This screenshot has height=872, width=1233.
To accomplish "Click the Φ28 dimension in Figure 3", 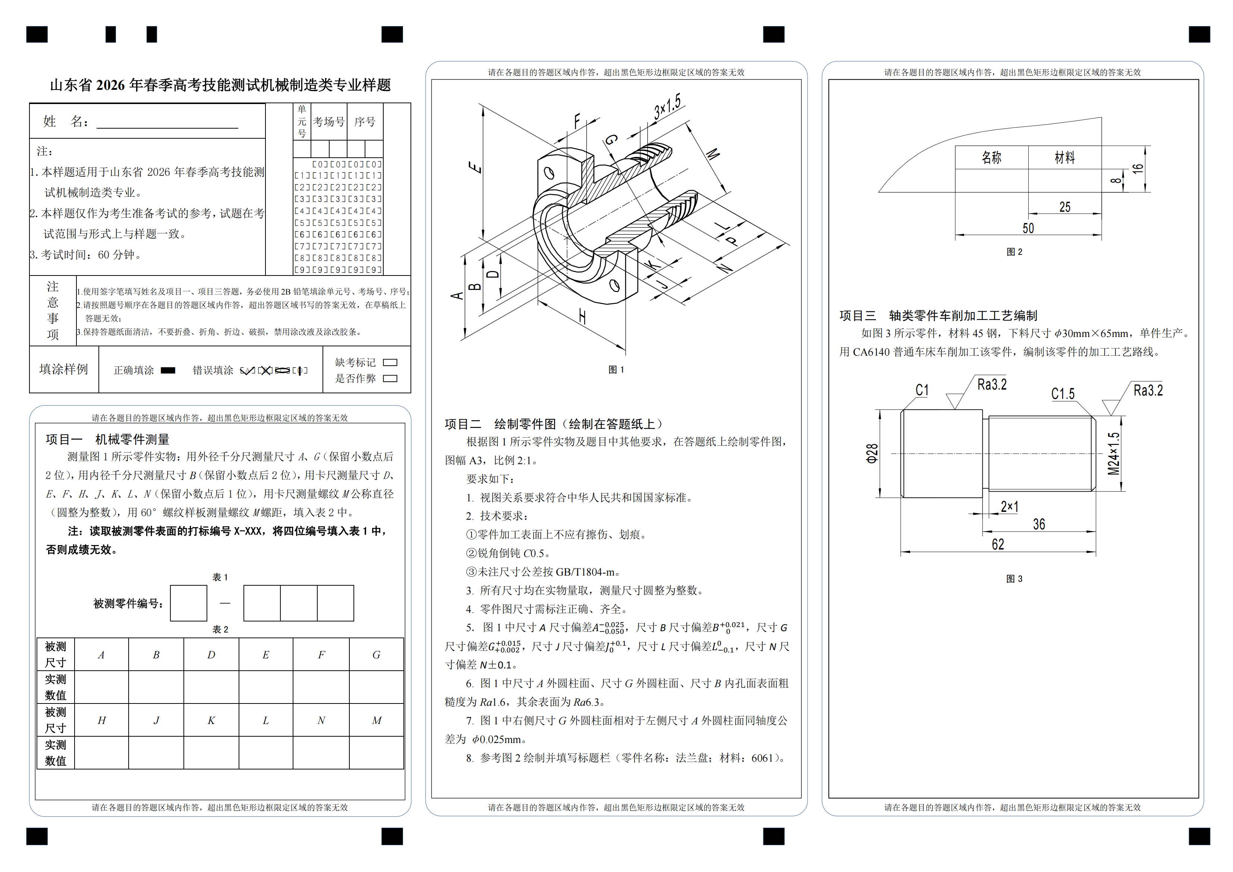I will pyautogui.click(x=872, y=454).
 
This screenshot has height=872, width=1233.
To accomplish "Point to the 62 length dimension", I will pyautogui.click(x=998, y=544).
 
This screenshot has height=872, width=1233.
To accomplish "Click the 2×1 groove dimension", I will pyautogui.click(x=1010, y=506).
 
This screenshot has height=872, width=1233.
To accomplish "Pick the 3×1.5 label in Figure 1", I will pyautogui.click(x=667, y=106).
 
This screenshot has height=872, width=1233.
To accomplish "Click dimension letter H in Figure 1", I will pyautogui.click(x=582, y=317).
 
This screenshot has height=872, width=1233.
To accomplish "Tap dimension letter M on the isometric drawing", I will pyautogui.click(x=712, y=154).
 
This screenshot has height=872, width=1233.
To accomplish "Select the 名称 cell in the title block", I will pyautogui.click(x=991, y=157).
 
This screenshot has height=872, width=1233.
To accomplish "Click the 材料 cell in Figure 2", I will pyautogui.click(x=1064, y=157).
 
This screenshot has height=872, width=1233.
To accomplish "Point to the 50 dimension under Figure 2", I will pyautogui.click(x=1028, y=228).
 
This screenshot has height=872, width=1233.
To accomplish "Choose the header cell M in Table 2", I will pyautogui.click(x=377, y=720).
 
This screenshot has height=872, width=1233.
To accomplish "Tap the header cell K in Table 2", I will pyautogui.click(x=211, y=720).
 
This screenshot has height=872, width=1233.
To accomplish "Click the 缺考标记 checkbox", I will pyautogui.click(x=390, y=362).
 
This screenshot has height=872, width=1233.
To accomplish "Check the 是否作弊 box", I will pyautogui.click(x=390, y=378).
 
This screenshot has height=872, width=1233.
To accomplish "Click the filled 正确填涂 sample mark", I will pyautogui.click(x=168, y=370).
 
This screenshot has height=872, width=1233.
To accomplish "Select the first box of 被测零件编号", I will pyautogui.click(x=189, y=603).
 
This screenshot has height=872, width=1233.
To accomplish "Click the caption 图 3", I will pyautogui.click(x=1014, y=579).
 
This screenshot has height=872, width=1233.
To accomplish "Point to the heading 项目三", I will pyautogui.click(x=858, y=316).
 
